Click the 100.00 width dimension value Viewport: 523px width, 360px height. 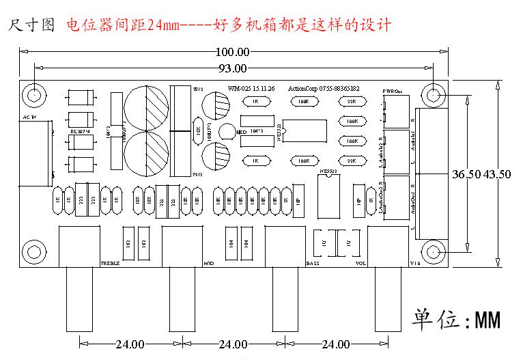tap(232, 52)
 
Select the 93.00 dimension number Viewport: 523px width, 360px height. tap(232, 68)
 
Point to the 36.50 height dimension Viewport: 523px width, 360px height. tap(465, 174)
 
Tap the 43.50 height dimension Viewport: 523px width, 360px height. tap(496, 174)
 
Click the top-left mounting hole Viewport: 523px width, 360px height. tap(33, 93)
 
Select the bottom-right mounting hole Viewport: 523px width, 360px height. tap(433, 253)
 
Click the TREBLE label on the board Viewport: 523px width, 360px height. tap(111, 263)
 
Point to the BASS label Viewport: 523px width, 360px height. tap(313, 263)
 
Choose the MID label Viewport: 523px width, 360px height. tap(209, 263)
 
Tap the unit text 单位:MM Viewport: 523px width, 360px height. tap(455, 319)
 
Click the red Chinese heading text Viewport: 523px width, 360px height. tap(229, 26)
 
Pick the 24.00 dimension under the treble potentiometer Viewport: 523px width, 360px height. tap(130, 344)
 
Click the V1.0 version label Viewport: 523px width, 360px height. tap(414, 263)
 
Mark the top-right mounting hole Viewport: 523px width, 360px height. tap(433, 93)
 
